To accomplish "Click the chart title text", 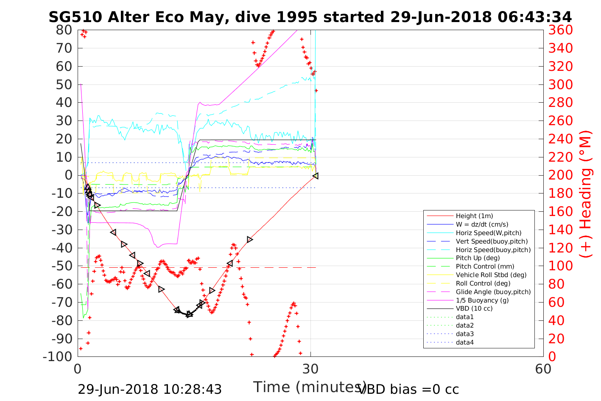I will (x=310, y=17).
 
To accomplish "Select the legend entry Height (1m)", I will (x=474, y=216).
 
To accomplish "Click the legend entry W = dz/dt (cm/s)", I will (x=482, y=224).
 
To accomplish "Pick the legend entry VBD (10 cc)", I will (x=474, y=308).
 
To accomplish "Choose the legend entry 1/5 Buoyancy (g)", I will (x=482, y=300).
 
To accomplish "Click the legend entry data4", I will (x=464, y=342).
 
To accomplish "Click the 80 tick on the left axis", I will (x=64, y=30).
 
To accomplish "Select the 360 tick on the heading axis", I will (x=560, y=30).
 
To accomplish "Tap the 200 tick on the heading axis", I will (x=560, y=175).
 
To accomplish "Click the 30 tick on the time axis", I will (x=310, y=368).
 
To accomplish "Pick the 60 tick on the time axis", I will (x=543, y=368).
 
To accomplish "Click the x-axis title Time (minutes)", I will (x=310, y=387).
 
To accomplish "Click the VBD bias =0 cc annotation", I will (x=408, y=389).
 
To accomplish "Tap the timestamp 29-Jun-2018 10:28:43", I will (x=150, y=389).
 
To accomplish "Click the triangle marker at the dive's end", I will (x=316, y=176).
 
